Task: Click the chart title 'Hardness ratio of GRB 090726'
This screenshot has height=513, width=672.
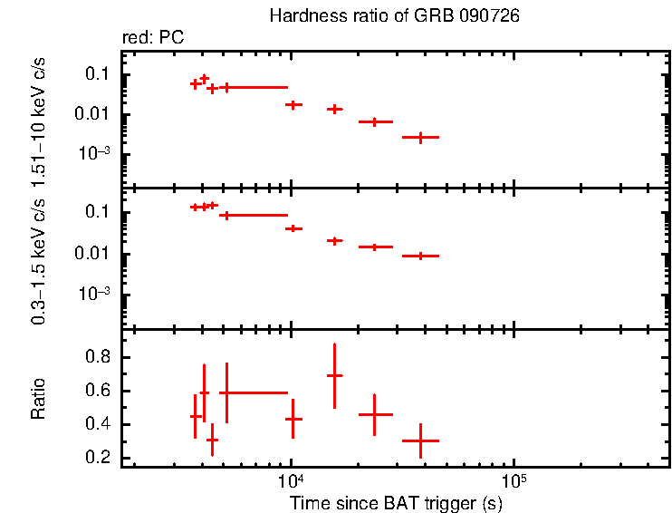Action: [395, 17]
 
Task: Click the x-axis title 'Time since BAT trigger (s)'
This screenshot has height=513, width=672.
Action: [396, 502]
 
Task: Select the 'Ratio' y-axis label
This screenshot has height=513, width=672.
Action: [39, 400]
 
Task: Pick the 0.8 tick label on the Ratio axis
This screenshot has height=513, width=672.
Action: [97, 358]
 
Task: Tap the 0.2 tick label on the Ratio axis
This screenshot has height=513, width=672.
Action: [97, 458]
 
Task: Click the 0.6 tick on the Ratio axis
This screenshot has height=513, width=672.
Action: [97, 392]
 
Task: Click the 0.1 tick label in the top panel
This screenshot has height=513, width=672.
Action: [97, 74]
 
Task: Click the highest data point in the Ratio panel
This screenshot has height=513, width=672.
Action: [335, 375]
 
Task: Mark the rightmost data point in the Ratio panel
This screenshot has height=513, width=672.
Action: [420, 440]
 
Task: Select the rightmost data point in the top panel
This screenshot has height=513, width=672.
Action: [420, 137]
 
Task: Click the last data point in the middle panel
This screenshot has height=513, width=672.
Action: [420, 256]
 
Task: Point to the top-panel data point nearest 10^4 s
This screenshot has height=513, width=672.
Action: [293, 105]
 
